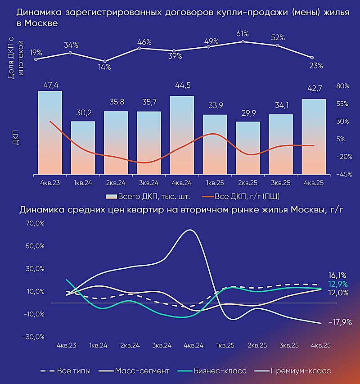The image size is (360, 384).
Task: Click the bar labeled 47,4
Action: (50, 132)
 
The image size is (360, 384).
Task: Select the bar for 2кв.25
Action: (248, 147)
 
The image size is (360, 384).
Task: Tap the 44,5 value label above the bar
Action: (182, 86)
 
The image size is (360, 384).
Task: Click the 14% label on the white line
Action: (105, 68)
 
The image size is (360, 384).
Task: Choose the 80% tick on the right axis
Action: (343, 86)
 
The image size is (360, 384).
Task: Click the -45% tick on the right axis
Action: (343, 174)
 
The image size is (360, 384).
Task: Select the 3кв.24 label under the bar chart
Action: (149, 183)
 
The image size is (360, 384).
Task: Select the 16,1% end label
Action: (337, 275)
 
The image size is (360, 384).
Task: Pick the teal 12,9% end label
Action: (337, 284)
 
